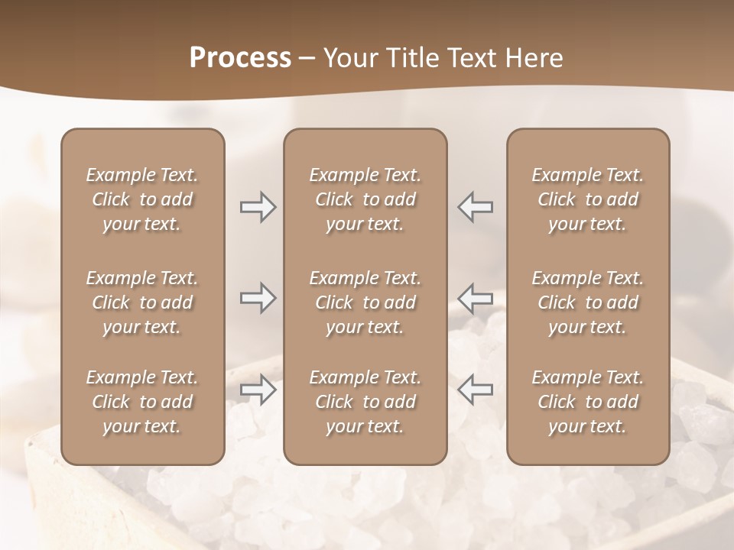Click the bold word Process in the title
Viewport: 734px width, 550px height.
pos(240,58)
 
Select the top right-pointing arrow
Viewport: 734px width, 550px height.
pos(258,207)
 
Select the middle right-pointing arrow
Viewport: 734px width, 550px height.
pos(258,297)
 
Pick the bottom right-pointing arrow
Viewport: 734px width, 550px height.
pos(258,390)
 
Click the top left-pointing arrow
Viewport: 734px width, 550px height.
pos(475,207)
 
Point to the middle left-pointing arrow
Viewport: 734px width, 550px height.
pos(475,297)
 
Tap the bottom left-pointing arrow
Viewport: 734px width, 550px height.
pos(475,390)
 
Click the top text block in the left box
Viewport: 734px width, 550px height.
pos(142,199)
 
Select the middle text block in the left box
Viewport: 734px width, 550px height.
pos(142,302)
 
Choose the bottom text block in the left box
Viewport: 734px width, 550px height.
pos(142,402)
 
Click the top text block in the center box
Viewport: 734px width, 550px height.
pos(365,199)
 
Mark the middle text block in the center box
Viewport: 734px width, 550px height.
pos(365,302)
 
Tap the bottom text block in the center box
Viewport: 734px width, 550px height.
pos(365,402)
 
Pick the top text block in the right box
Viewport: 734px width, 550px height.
pos(588,199)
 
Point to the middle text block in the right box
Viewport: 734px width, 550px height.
pos(588,302)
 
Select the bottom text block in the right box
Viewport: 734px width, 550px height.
pos(588,402)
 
